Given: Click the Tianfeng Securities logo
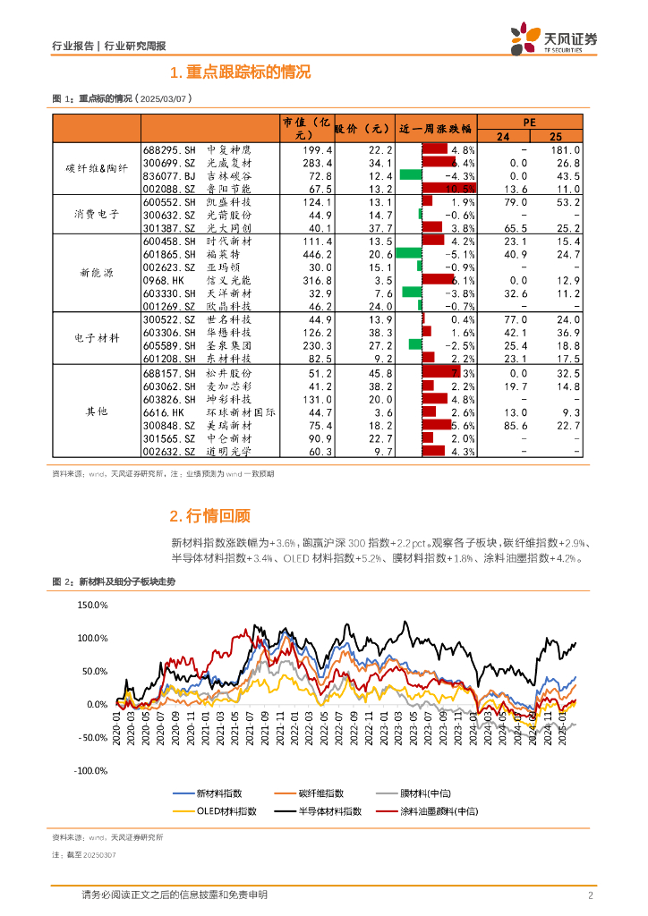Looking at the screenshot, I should pos(553,39).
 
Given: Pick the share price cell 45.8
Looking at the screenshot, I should pos(380,372).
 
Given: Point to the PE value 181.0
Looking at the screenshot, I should pos(567,150).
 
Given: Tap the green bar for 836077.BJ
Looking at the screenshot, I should pos(410,176).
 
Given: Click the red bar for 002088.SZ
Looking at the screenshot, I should pos(448,189).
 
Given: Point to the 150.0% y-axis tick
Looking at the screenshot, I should pos(92,606).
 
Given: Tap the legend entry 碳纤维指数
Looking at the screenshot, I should pos(320,793).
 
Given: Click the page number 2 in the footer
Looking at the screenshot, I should pos(591,895).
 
